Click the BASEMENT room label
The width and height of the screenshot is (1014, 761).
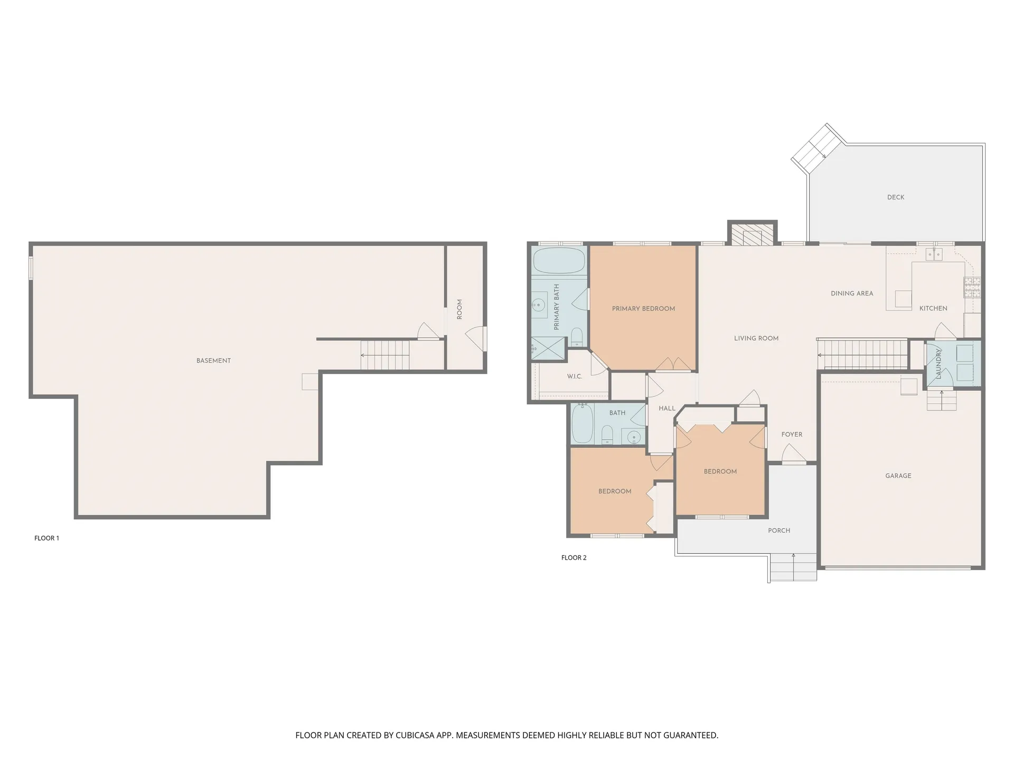(213, 361)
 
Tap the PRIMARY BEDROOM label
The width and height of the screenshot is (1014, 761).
(643, 309)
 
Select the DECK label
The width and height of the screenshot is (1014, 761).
(896, 197)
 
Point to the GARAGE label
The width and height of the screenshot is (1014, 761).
(898, 476)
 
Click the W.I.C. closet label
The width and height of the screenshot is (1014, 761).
(575, 376)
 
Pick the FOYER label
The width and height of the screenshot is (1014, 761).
(792, 434)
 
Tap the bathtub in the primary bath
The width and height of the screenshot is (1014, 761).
(559, 261)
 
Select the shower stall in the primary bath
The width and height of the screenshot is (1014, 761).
(548, 349)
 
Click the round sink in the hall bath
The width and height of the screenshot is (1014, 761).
(634, 437)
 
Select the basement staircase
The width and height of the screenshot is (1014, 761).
(385, 355)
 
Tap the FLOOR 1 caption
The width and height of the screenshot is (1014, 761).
(46, 538)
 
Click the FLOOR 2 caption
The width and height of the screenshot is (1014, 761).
(574, 558)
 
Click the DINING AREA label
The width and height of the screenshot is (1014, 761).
(852, 293)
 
